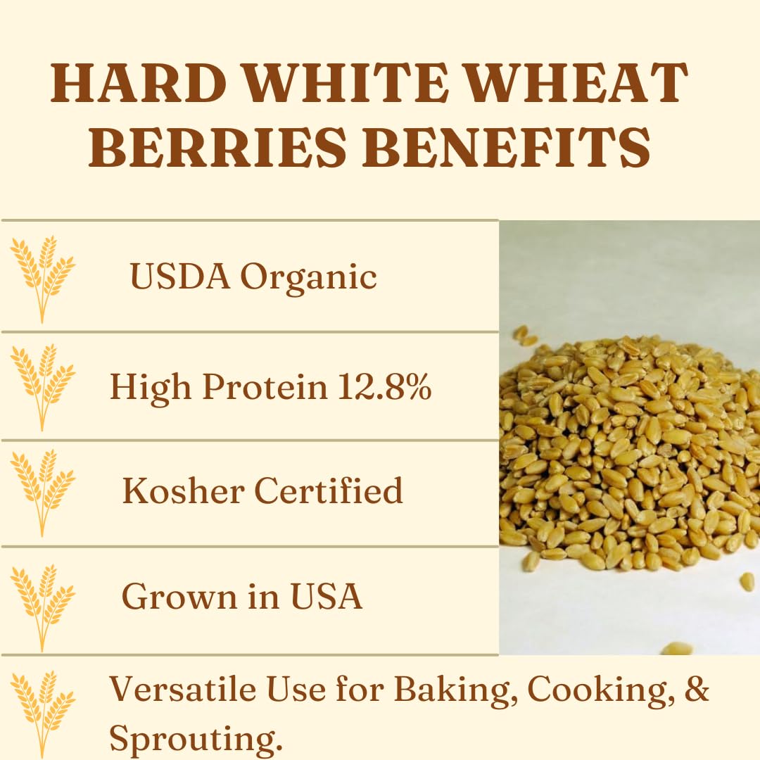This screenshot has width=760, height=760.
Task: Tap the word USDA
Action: [180, 277]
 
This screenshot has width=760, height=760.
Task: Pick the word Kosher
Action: [184, 491]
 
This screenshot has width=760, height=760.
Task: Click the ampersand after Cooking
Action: [696, 690]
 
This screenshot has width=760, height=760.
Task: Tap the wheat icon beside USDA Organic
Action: [42, 278]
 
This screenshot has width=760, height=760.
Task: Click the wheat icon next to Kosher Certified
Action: [42, 492]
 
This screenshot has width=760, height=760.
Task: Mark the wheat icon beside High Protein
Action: [42, 386]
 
